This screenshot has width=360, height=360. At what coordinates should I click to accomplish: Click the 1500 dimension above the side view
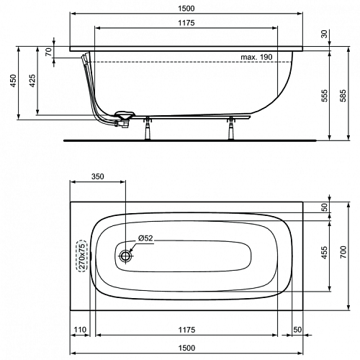tap(186, 9)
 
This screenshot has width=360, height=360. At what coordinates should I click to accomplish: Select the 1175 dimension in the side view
tap(186, 23)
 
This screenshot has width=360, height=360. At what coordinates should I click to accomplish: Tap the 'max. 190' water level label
tap(256, 57)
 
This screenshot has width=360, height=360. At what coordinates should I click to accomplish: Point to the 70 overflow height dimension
tap(49, 52)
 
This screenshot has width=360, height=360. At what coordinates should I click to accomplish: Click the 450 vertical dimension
tap(13, 81)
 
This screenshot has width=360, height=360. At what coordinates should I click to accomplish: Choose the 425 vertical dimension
tap(32, 81)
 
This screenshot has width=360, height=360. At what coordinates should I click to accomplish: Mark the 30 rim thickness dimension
tap(325, 34)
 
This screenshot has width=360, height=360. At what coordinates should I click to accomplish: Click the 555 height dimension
tap(325, 96)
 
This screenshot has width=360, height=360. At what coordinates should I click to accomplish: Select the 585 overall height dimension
tap(343, 96)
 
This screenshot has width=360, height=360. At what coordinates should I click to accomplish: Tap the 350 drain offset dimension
tap(98, 176)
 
